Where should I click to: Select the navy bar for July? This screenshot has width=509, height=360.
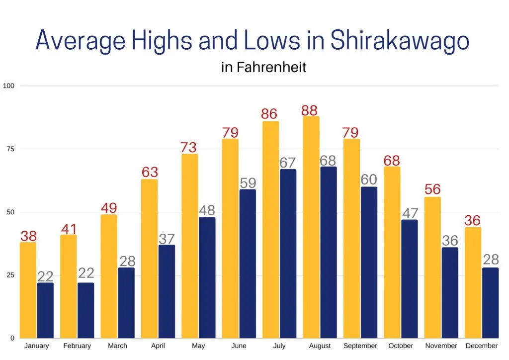coord(288,254)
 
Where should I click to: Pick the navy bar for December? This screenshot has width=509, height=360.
coord(490,303)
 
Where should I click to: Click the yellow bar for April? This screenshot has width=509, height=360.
coord(150,259)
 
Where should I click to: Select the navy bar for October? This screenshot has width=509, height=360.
coord(409,279)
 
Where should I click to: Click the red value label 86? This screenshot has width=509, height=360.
coord(270,114)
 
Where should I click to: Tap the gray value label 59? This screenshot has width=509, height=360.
coord(248,182)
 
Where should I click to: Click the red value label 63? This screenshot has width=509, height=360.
coord(150,173)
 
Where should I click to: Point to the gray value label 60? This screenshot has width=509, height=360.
coord(369,180)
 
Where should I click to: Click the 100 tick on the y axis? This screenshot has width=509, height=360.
coord(9,86)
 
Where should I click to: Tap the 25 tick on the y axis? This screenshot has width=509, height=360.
coord(9,275)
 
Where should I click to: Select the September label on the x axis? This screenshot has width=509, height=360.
coord(360,346)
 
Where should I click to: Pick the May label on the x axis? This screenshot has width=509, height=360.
coord(198,346)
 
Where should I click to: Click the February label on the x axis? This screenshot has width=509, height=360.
coord(77,346)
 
